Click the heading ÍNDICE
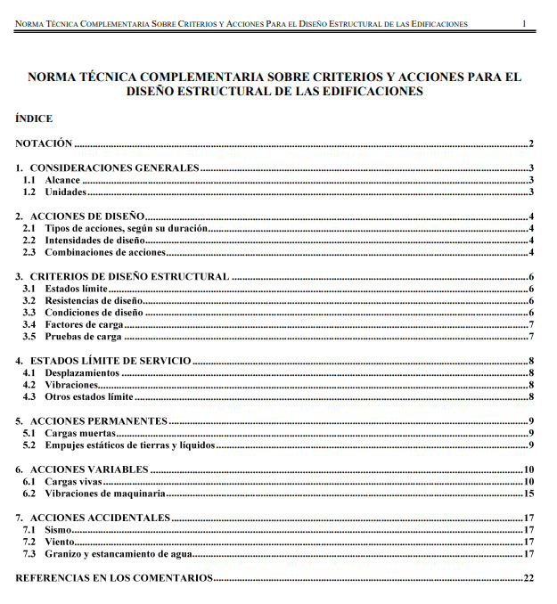coord(34,118)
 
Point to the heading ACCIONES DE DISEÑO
coord(87,216)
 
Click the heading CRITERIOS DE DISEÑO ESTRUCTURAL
coord(129,277)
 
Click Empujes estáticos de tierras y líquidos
coord(129,445)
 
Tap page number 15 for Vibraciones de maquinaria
coord(528,493)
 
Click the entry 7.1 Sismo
coord(58,529)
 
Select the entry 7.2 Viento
coord(60,542)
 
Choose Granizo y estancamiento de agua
coord(118,553)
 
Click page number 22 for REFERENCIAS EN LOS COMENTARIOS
coord(528,578)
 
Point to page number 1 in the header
coord(524,23)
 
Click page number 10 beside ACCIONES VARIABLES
coord(528,469)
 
